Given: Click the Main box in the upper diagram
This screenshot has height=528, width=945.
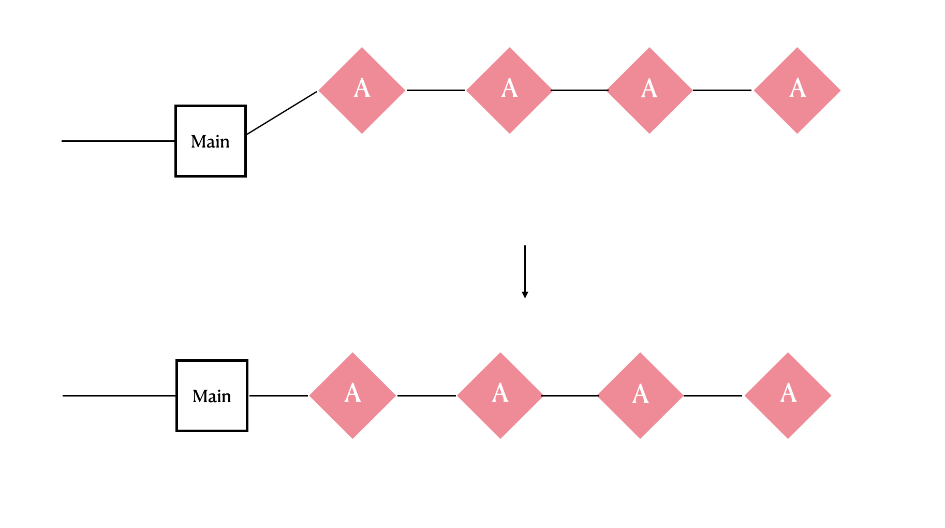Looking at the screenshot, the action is coord(211,141).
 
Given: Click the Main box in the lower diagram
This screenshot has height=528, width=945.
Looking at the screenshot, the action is coord(212,396).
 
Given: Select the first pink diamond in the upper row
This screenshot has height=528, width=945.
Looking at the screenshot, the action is coord(362,91).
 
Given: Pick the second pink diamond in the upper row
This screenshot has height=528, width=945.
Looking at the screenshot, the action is coord(509,91).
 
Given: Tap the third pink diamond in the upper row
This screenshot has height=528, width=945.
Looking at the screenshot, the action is coord(649,91).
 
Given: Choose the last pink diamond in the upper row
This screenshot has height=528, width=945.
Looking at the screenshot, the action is coord(797,91).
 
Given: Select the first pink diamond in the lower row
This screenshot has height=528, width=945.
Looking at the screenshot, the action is coord(353,395).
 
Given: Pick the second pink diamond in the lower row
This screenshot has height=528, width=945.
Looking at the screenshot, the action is coord(500,395).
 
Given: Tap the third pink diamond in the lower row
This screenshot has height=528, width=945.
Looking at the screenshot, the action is coord(640,395).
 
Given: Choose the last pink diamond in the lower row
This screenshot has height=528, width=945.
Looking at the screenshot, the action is coord(788,395).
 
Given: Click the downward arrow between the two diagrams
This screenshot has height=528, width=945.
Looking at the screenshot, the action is coord(525,272).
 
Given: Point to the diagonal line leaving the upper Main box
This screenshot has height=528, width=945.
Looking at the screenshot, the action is coord(282,113).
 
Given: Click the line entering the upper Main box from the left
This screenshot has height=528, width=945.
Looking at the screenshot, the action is coord(119,141).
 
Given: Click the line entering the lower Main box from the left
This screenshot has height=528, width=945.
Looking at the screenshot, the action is coord(120,395).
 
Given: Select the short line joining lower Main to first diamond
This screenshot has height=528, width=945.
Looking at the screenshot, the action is coord(279,395).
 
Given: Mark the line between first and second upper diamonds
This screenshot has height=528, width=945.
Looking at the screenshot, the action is coord(436,90).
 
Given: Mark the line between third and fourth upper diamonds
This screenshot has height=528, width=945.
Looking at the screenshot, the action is coord(722,90).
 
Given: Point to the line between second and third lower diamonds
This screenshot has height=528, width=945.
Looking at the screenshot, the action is coord(570,395).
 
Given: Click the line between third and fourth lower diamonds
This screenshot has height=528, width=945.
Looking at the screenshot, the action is coord(713,395).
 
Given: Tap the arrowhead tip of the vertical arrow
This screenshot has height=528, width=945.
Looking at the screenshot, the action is coord(525,298).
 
